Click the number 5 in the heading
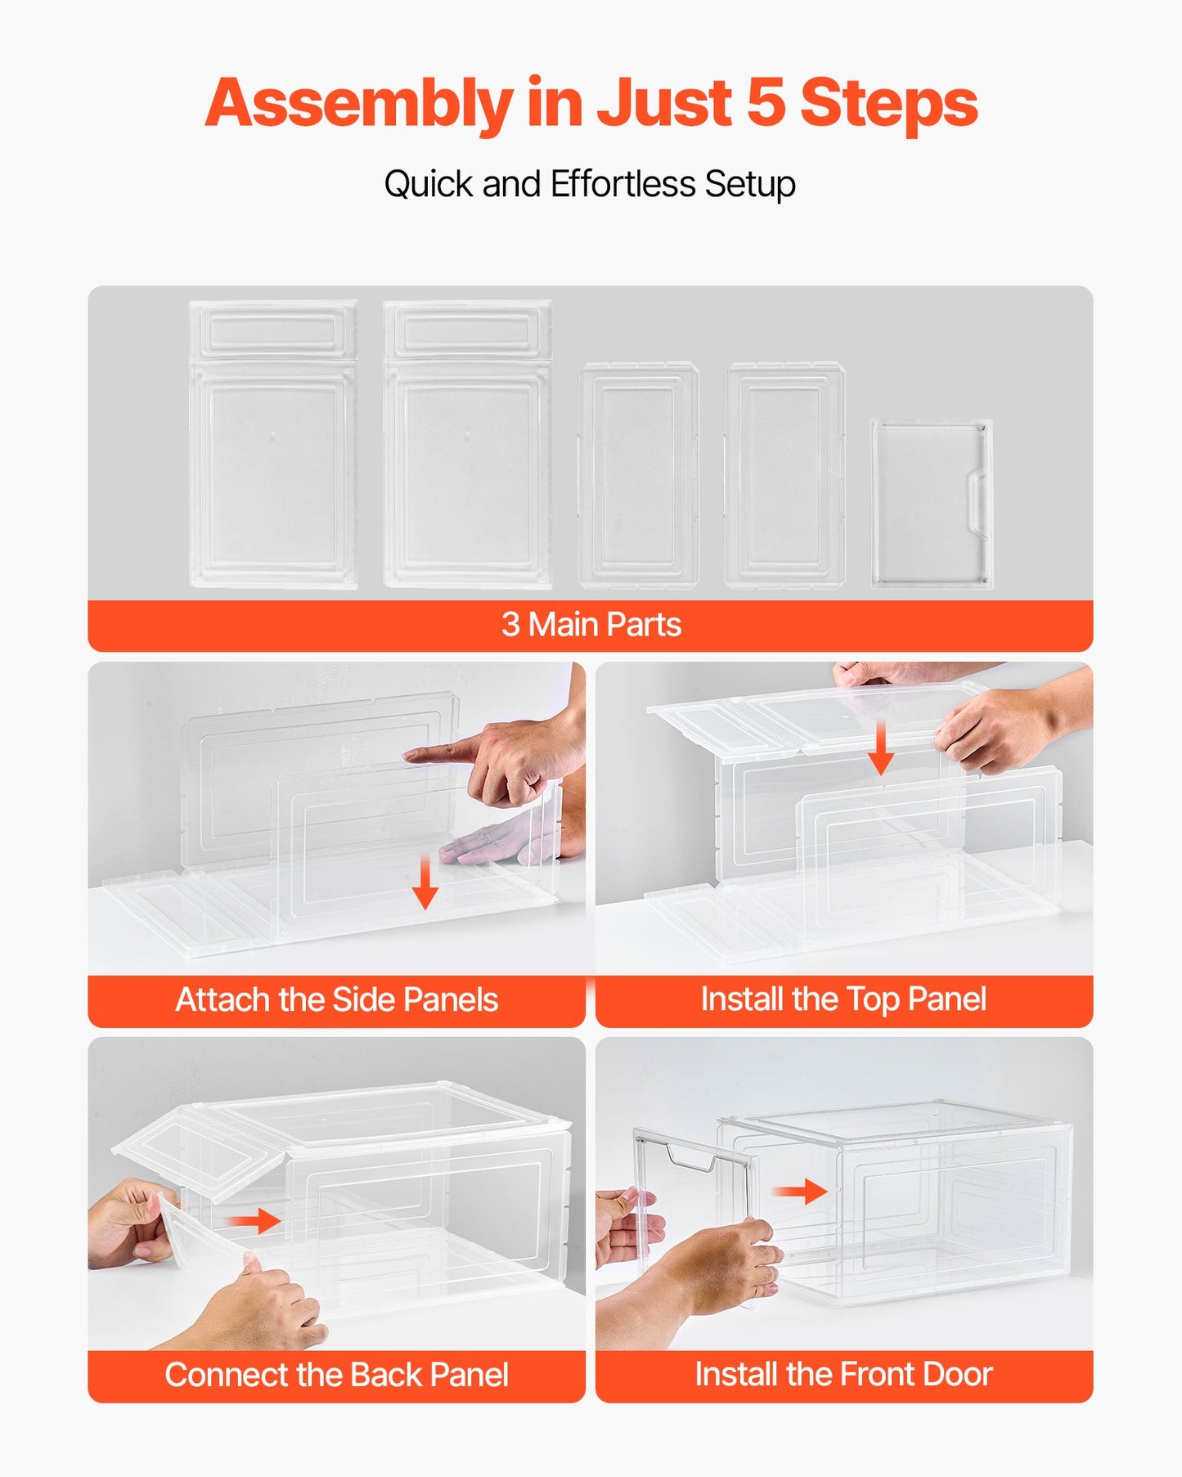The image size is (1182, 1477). [x=766, y=103]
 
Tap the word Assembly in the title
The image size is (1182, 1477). [x=357, y=105]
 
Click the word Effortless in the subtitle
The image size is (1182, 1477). [x=622, y=184]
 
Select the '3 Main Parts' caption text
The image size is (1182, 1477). [x=591, y=625]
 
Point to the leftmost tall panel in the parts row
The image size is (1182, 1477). [x=273, y=444]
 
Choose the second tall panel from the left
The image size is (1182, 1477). [x=467, y=444]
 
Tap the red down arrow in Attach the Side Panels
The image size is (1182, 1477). [x=425, y=882]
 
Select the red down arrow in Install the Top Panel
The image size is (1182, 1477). [x=881, y=747]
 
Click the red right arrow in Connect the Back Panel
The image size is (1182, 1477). [x=254, y=1221]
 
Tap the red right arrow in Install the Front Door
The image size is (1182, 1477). [x=800, y=1191]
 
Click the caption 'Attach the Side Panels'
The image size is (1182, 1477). [x=336, y=1000]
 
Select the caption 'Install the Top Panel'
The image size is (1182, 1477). [x=843, y=999]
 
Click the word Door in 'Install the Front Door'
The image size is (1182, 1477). [x=957, y=1375]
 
